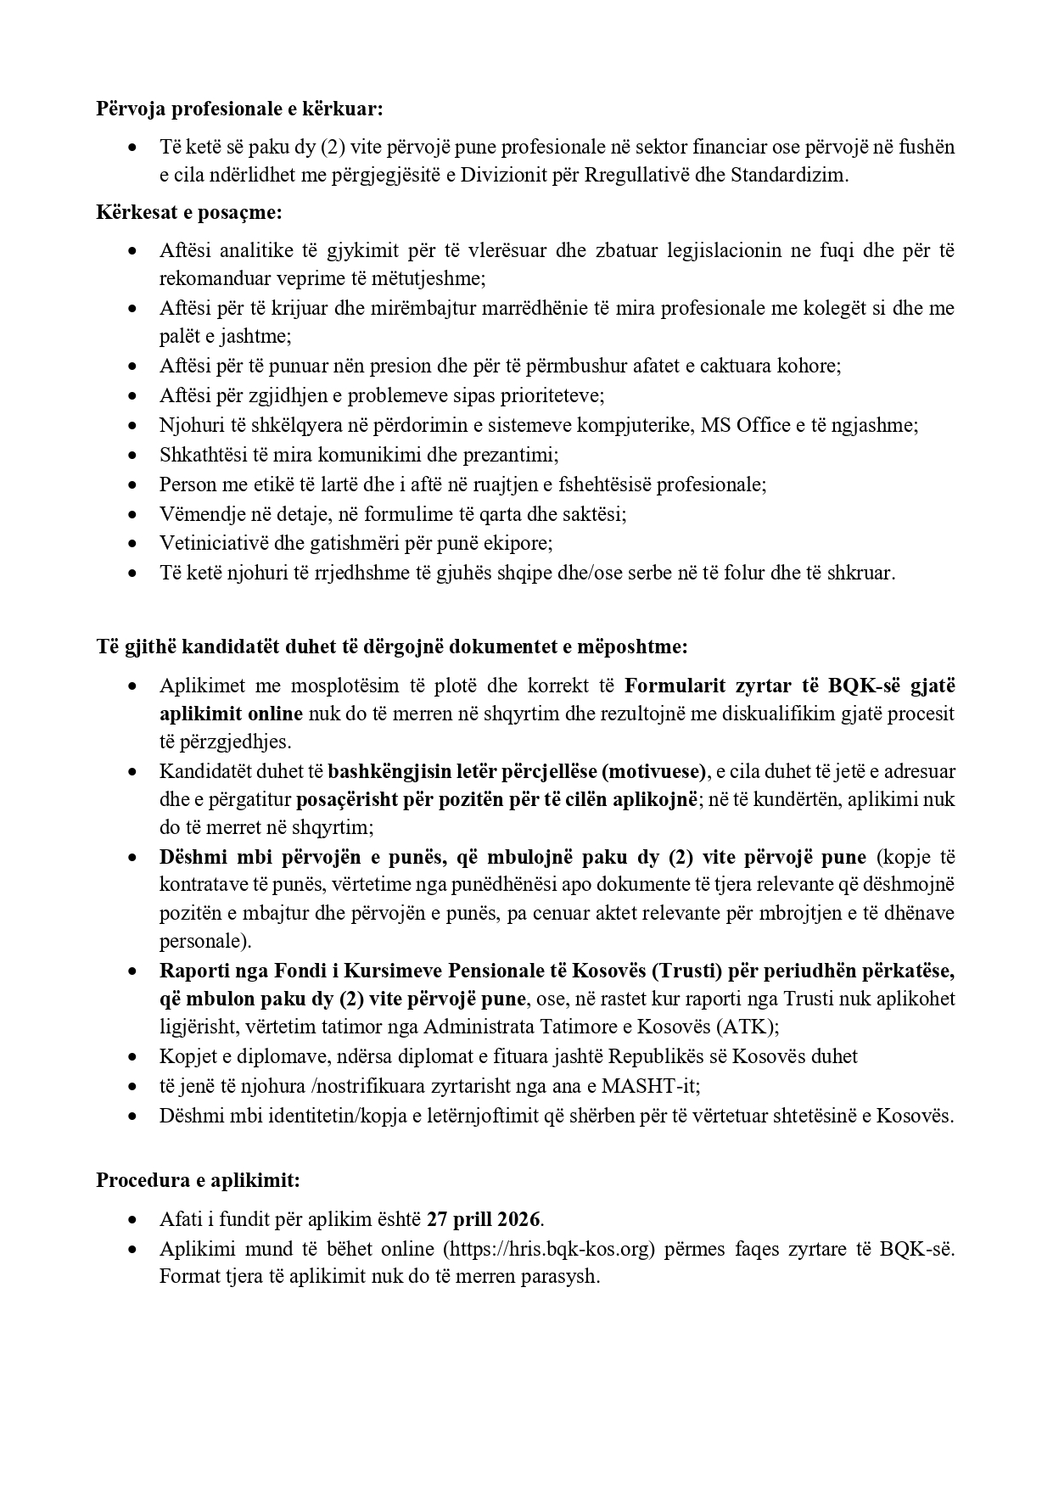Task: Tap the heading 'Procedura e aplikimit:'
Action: click(x=198, y=1180)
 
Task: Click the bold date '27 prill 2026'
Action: click(x=484, y=1219)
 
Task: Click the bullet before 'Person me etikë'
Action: click(x=132, y=484)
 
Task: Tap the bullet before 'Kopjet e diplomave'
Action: click(x=132, y=1056)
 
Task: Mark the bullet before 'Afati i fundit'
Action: click(x=132, y=1219)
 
